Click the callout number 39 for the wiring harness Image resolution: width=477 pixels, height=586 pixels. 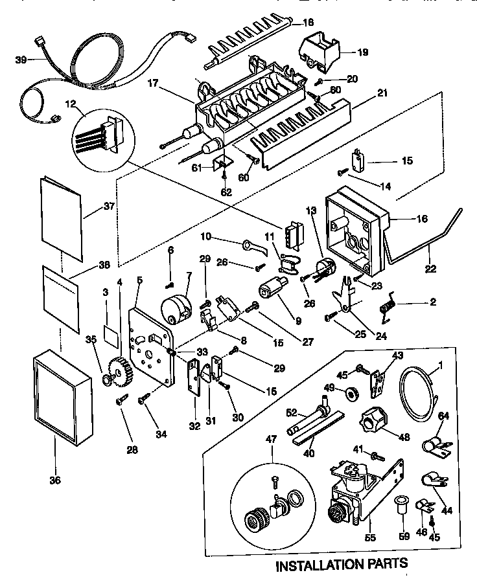point(21,60)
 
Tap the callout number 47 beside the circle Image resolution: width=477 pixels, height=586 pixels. point(271,438)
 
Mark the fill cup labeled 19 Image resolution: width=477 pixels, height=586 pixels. point(320,52)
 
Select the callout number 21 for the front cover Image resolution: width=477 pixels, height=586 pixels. point(382,93)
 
